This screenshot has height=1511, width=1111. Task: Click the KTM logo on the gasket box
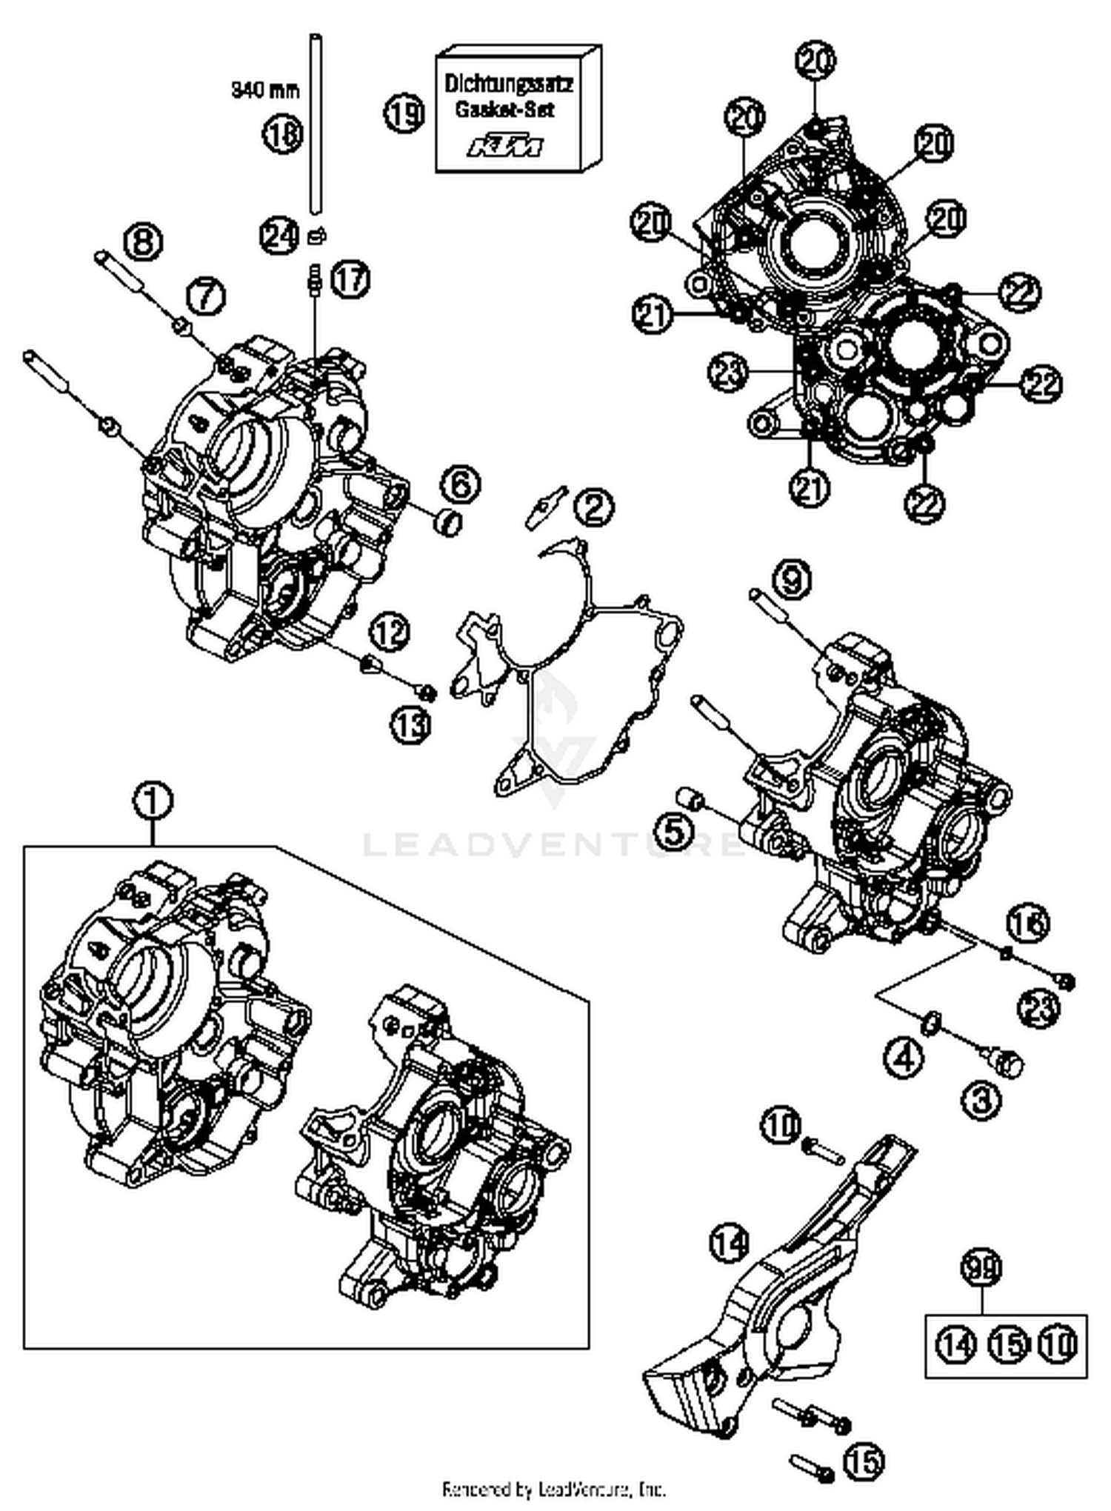click(504, 147)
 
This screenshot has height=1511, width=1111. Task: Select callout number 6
click(461, 485)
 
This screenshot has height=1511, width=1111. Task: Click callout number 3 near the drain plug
click(981, 1100)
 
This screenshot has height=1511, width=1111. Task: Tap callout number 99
click(981, 1267)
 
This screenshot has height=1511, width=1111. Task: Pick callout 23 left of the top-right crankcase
click(728, 372)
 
